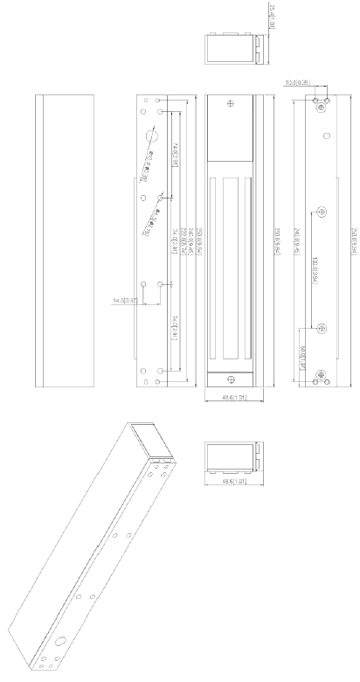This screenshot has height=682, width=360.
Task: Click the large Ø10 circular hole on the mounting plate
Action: pos(151,137)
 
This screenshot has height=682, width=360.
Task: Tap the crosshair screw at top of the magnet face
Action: pos(230,103)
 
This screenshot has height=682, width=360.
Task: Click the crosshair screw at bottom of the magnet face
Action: pos(230,379)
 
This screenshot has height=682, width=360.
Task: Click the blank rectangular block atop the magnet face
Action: pos(230,131)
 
